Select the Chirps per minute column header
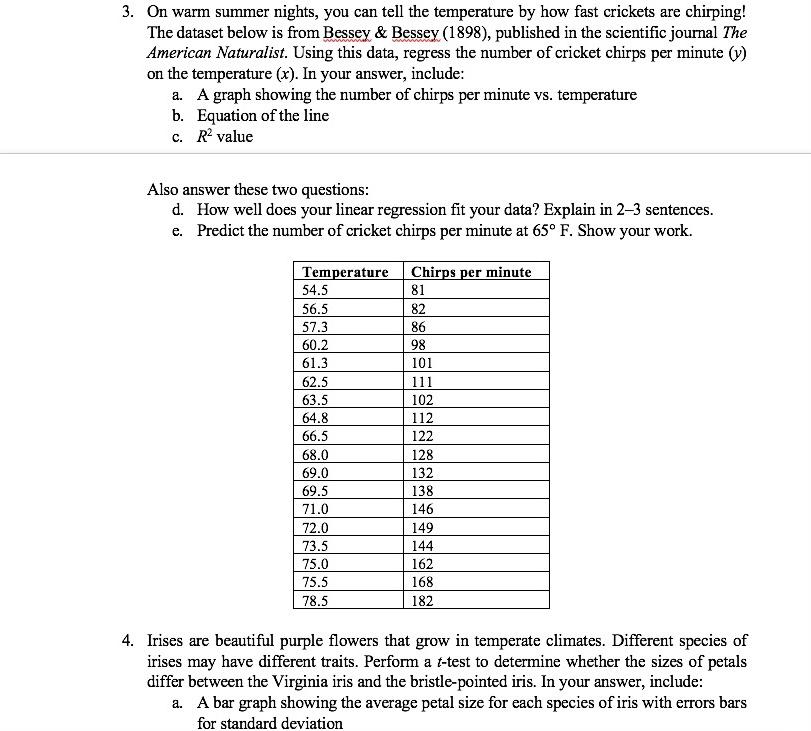(x=471, y=272)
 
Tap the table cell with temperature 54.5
(x=315, y=290)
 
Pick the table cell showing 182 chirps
(x=423, y=600)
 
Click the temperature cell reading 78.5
(x=315, y=600)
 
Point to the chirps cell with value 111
(x=423, y=381)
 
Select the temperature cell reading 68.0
(x=315, y=454)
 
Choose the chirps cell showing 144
(x=423, y=546)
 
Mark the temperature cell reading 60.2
(x=315, y=345)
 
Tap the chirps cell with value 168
(x=423, y=582)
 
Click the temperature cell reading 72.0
(x=315, y=527)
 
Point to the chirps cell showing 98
(x=419, y=345)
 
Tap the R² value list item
(x=225, y=137)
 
